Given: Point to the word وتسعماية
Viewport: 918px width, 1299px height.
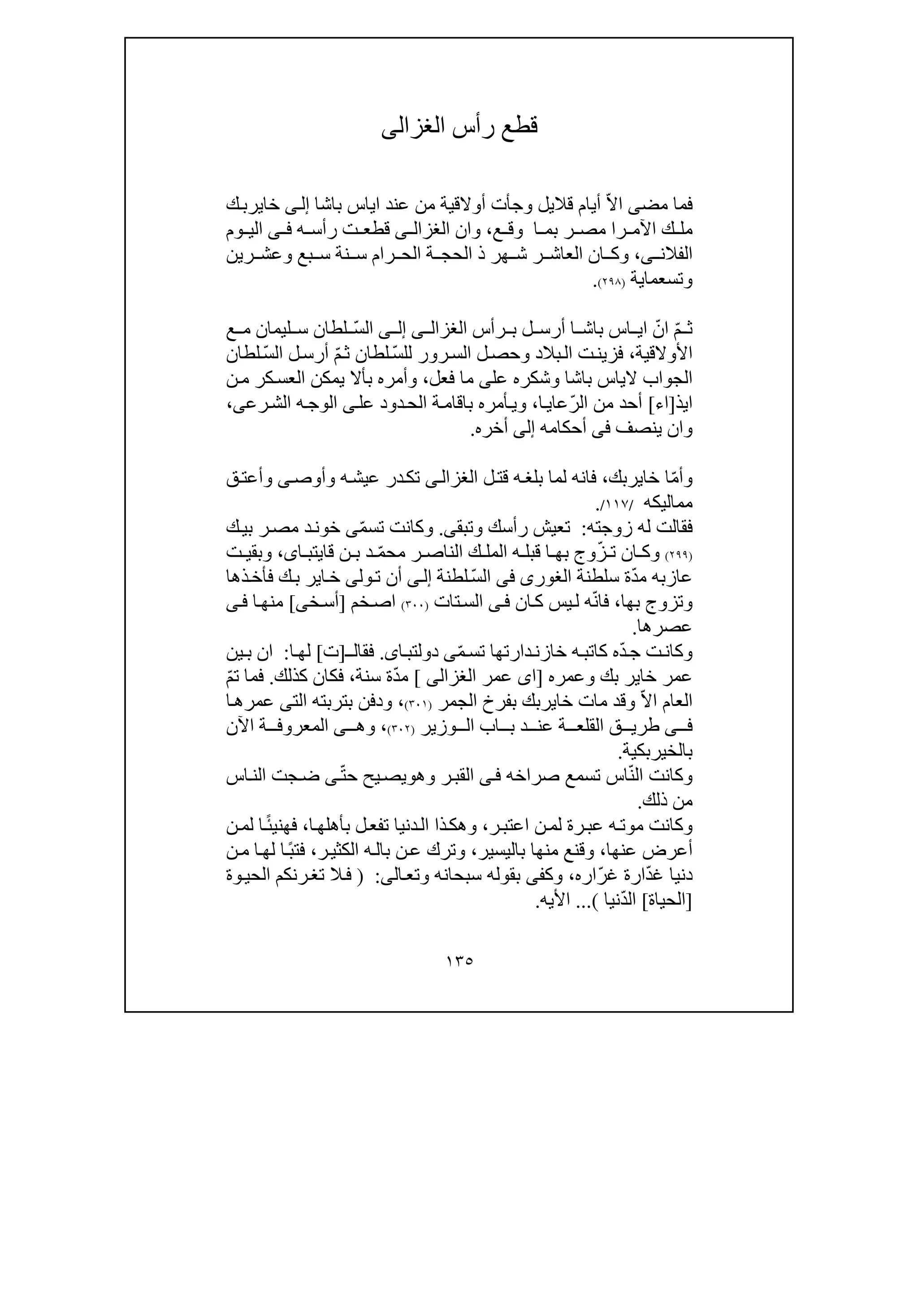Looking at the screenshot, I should (661, 280).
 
